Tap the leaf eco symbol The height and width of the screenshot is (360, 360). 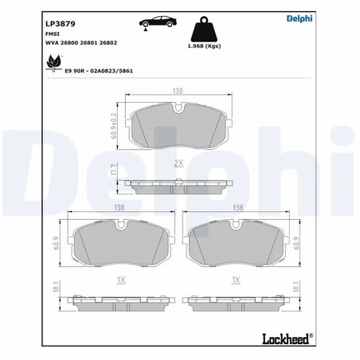[54, 61]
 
